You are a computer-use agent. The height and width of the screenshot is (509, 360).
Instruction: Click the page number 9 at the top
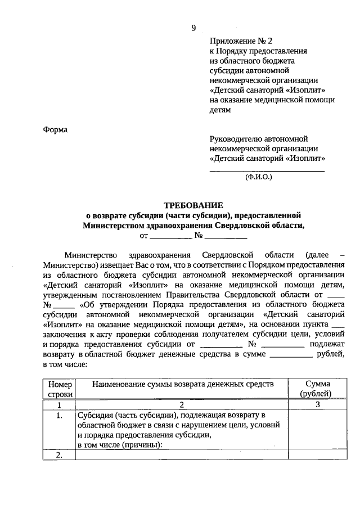coord(193,28)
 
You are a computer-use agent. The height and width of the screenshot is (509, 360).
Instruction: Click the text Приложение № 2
coord(240,41)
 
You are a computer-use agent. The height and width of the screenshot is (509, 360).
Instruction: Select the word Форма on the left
coord(55,129)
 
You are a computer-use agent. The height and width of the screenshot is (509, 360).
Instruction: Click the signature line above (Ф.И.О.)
coord(267,170)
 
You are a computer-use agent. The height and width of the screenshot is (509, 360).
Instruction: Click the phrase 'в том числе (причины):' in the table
coord(120,445)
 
